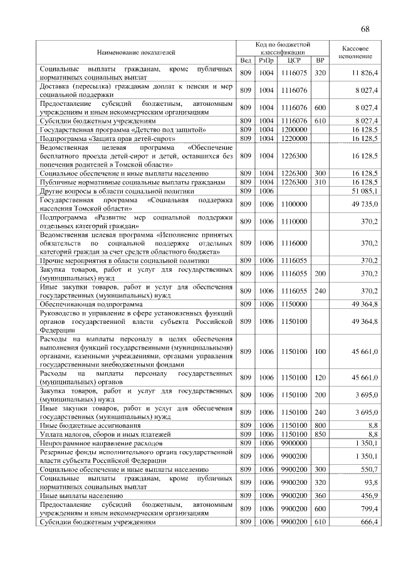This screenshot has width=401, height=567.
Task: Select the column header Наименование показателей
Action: [x=135, y=51]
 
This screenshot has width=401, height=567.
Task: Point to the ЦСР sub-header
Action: [x=294, y=60]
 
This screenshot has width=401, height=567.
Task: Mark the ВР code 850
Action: [x=320, y=434]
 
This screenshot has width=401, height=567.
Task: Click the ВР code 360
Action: [x=320, y=495]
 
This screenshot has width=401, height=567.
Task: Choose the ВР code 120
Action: [x=320, y=377]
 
